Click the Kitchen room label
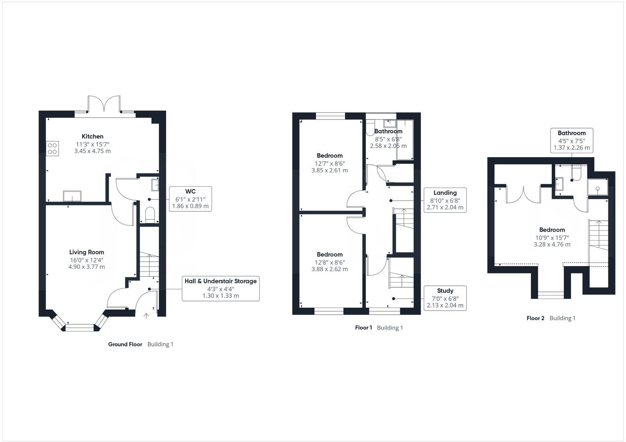92,136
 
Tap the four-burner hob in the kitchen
52,148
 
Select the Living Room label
86,252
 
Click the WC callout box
190,199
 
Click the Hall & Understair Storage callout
221,288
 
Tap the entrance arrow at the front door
146,316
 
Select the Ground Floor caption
125,344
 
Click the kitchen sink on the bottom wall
72,196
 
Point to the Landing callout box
445,200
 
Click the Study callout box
445,298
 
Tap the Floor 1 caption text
363,328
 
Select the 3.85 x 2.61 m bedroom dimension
329,170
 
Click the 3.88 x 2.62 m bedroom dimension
329,269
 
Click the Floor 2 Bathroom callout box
572,140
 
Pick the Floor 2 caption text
535,318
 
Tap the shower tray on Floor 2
598,189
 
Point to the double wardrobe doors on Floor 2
523,194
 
